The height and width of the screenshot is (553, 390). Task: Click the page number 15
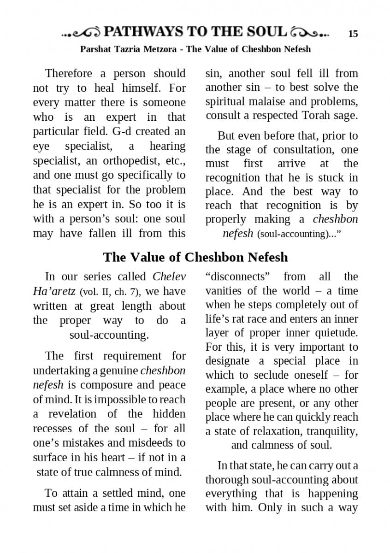pyautogui.click(x=353, y=34)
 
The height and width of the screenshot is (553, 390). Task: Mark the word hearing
pyautogui.click(x=167, y=146)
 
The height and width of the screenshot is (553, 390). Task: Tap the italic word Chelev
pyautogui.click(x=169, y=276)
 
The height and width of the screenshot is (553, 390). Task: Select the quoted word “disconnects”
pyautogui.click(x=237, y=276)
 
